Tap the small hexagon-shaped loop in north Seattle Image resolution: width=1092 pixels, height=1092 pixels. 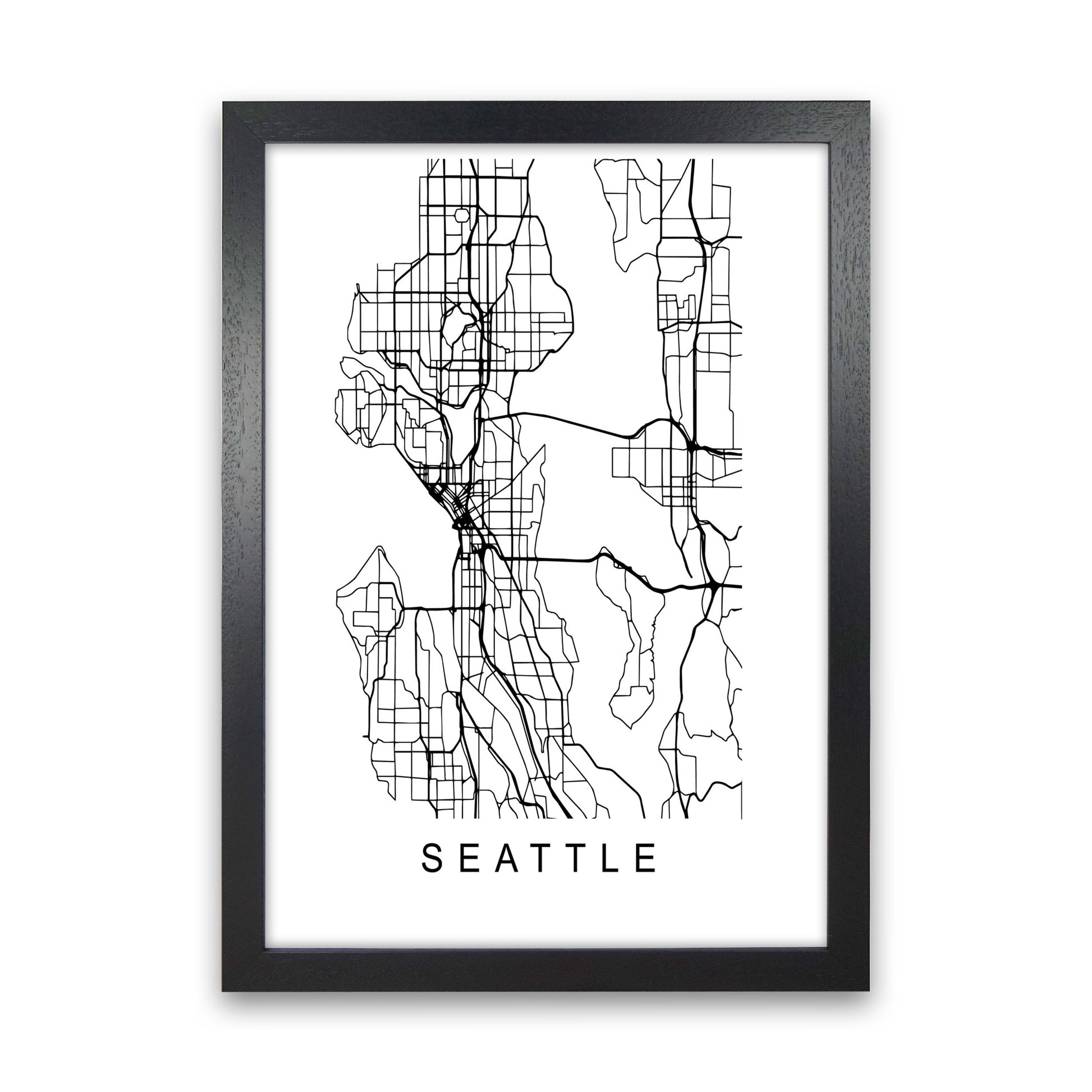[461, 215]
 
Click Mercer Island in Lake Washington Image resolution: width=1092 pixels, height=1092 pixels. [633, 644]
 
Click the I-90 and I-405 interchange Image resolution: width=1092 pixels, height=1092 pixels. [711, 586]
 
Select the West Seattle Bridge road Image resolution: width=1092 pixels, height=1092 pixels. [430, 608]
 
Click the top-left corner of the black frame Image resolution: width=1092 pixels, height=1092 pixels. [224, 103]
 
